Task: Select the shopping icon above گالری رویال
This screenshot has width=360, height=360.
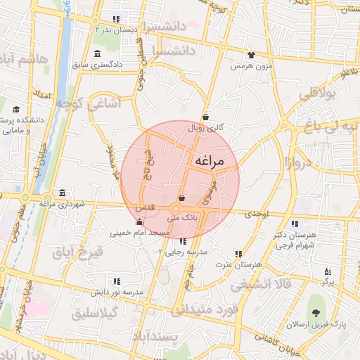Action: [205, 117]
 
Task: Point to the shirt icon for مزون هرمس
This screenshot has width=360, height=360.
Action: [251, 55]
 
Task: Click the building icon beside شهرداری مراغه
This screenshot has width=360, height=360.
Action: [63, 193]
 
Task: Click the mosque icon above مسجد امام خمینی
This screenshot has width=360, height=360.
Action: [139, 221]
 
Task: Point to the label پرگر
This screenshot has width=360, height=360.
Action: [327, 281]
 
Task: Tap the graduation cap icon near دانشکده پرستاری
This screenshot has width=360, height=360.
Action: [16, 110]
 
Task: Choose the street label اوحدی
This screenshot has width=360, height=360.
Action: [257, 213]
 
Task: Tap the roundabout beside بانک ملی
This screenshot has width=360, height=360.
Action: [176, 209]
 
